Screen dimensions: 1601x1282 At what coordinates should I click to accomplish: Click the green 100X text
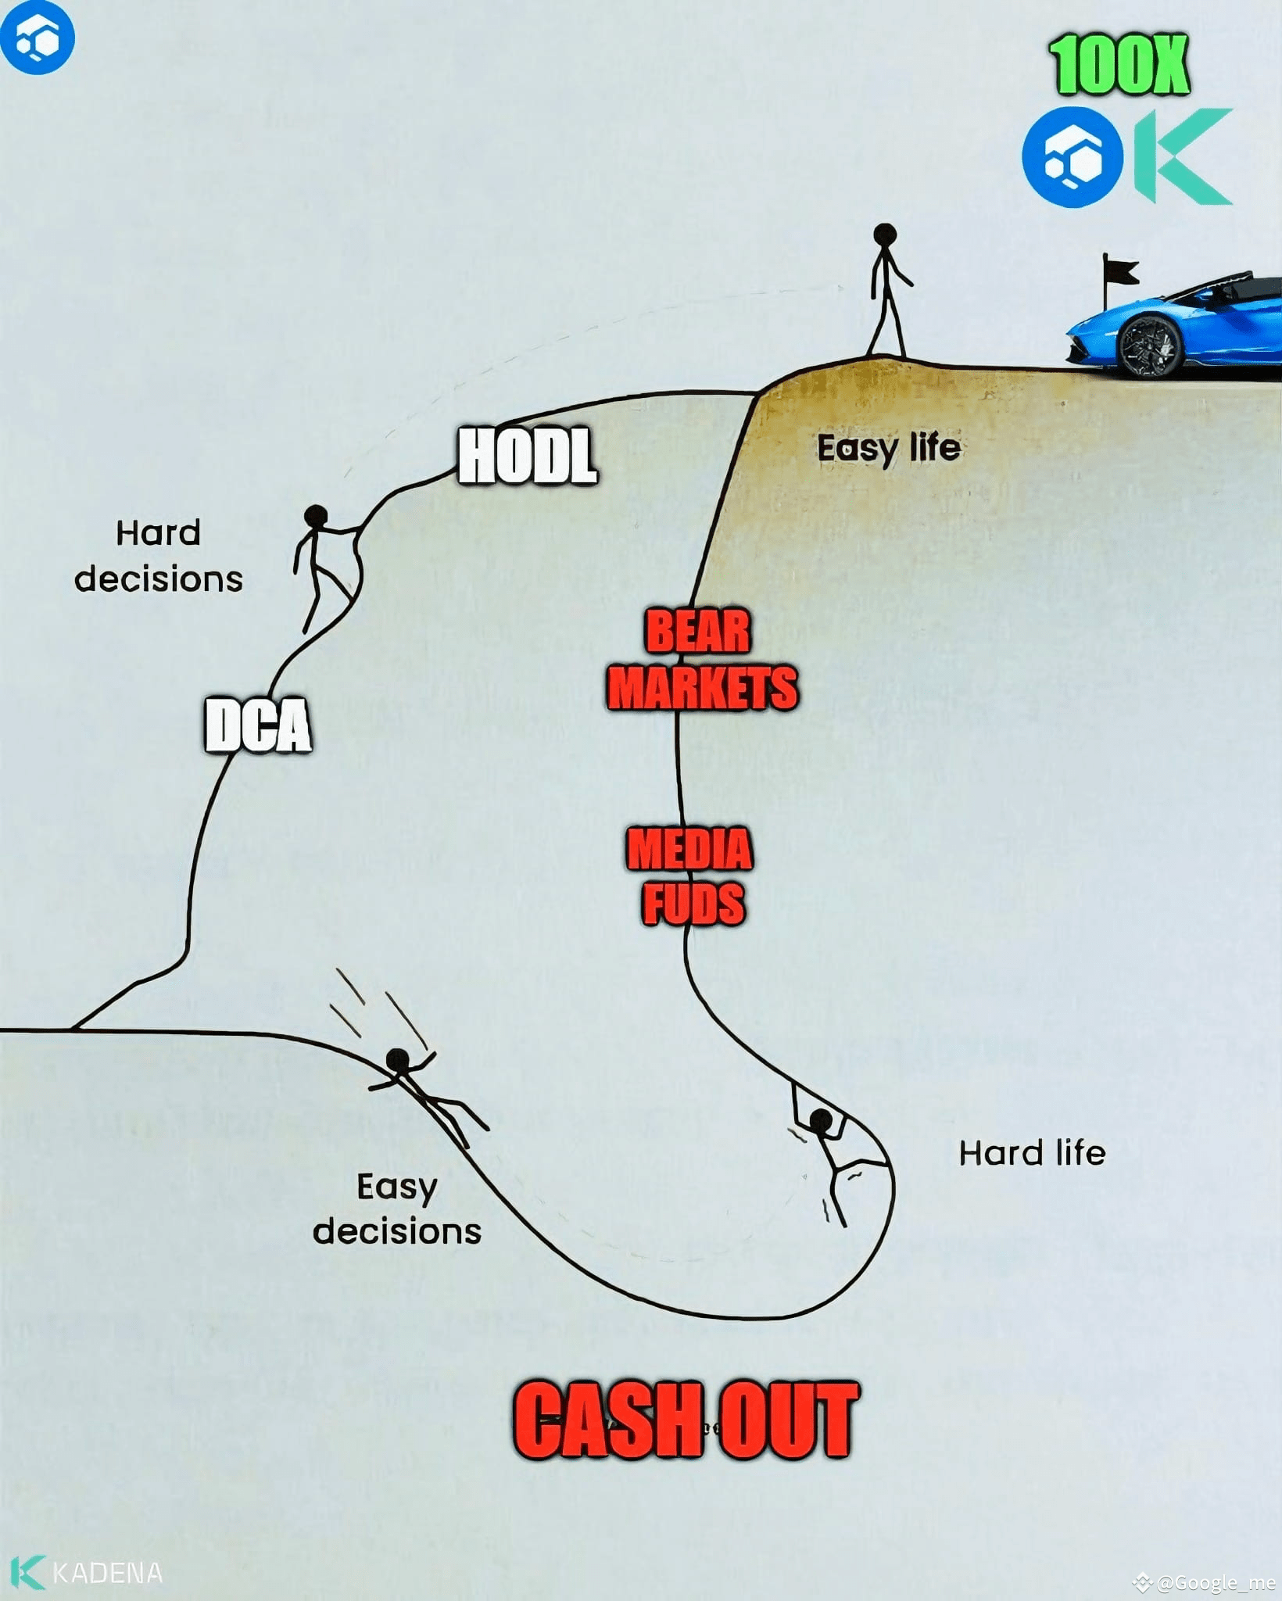[x=1119, y=66]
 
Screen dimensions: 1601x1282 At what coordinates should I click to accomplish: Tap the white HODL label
[x=528, y=456]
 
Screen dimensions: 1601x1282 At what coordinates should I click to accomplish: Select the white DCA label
[x=258, y=725]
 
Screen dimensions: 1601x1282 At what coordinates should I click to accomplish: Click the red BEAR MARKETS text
[x=701, y=661]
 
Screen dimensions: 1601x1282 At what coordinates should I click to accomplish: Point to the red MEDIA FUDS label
[x=690, y=876]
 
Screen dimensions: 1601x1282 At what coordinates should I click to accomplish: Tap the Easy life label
[x=888, y=449]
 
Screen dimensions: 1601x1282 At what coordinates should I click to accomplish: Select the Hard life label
[x=1032, y=1153]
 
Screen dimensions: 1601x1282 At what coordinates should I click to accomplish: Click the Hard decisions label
[x=159, y=556]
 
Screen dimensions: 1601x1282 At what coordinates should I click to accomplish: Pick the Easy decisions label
[x=397, y=1208]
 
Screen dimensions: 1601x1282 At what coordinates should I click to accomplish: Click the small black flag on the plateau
[x=1119, y=274]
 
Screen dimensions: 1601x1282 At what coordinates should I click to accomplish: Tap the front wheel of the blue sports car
[x=1149, y=346]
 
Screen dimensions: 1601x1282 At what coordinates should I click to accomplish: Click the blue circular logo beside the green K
[x=1073, y=157]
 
